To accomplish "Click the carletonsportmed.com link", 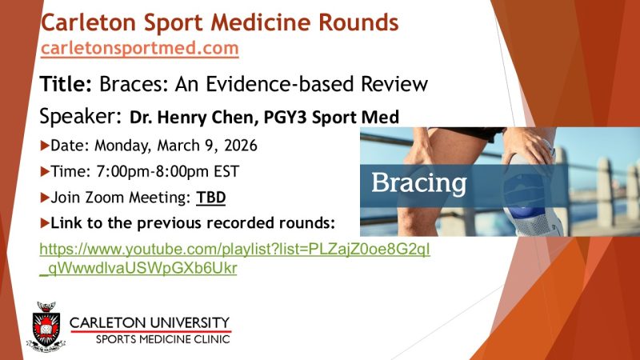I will pyautogui.click(x=140, y=48).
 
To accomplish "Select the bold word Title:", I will pyautogui.click(x=67, y=83).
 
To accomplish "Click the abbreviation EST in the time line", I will pyautogui.click(x=226, y=171).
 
